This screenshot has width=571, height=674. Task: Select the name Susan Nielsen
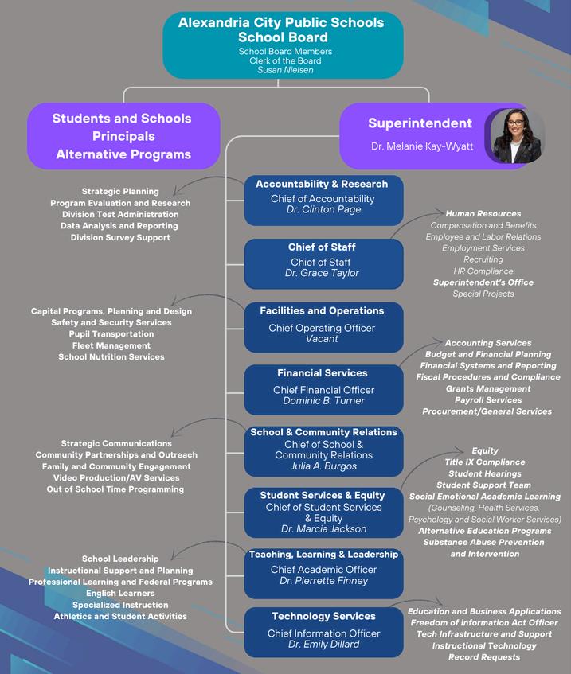(x=284, y=70)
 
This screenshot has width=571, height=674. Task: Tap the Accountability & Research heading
(x=322, y=184)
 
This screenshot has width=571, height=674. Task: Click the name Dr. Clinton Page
(x=323, y=210)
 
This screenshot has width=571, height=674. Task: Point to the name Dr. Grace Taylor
(x=322, y=273)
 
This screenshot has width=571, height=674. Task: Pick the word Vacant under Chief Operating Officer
(x=322, y=339)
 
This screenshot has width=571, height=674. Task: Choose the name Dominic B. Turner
(x=323, y=401)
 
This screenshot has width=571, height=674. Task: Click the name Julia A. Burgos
(x=323, y=466)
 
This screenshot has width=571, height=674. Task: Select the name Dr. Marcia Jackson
(x=323, y=529)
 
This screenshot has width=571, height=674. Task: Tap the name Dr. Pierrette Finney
(x=323, y=581)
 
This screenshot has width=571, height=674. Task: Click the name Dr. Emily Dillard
(x=323, y=645)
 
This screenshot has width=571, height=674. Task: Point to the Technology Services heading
(x=323, y=616)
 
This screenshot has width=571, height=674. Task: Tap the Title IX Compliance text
(x=484, y=462)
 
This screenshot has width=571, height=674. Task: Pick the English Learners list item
(x=120, y=593)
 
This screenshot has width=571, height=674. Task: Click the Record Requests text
(x=484, y=657)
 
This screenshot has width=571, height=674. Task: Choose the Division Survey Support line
(x=120, y=237)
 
